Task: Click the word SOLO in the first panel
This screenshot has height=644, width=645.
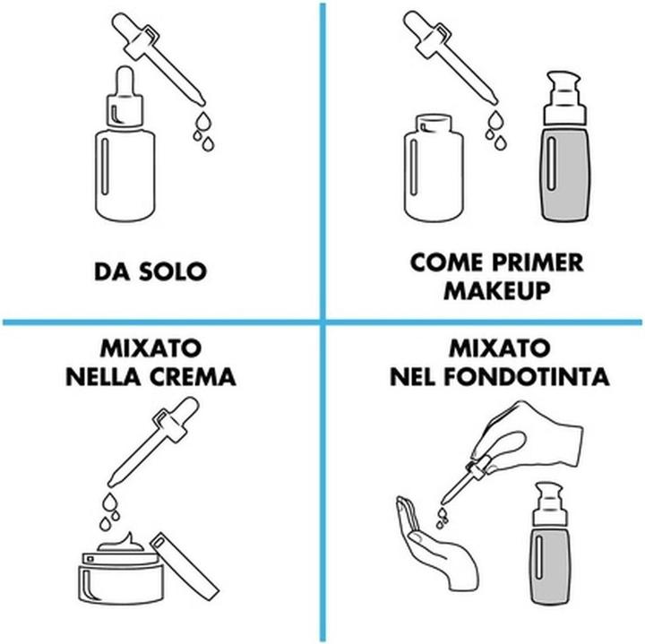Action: [x=173, y=271]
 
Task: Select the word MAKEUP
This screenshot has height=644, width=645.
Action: [x=497, y=291]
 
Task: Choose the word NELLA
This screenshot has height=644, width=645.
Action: [x=103, y=377]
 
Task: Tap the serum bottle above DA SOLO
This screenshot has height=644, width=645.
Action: [x=125, y=144]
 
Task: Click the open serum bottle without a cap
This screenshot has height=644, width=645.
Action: [x=434, y=167]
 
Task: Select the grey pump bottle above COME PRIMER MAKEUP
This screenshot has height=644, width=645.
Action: [x=564, y=146]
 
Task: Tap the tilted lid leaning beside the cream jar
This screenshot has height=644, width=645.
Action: [x=185, y=567]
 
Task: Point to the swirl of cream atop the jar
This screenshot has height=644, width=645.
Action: [x=121, y=542]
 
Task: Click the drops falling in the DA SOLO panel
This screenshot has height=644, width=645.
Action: [x=204, y=131]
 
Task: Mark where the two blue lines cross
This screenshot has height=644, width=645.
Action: [x=322, y=322]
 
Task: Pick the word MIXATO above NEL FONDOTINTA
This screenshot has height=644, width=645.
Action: [x=499, y=348]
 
